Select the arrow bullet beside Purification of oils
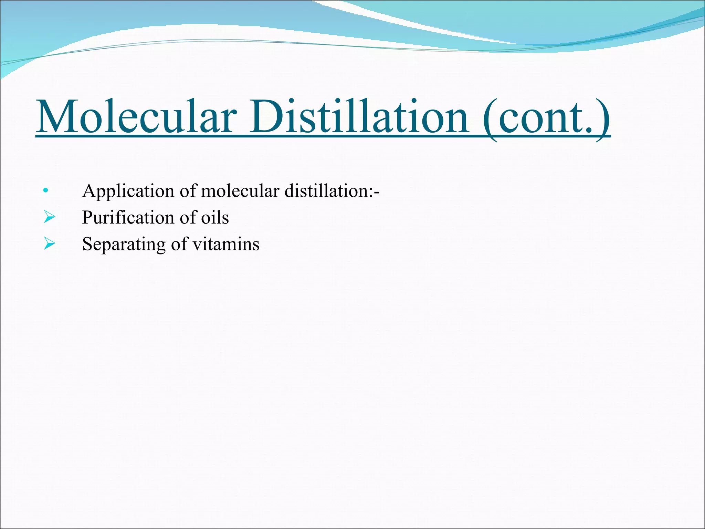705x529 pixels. pyautogui.click(x=49, y=217)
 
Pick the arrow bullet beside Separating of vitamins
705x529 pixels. pyautogui.click(x=49, y=244)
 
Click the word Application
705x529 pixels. pyautogui.click(x=128, y=191)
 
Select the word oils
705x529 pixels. pyautogui.click(x=215, y=218)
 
